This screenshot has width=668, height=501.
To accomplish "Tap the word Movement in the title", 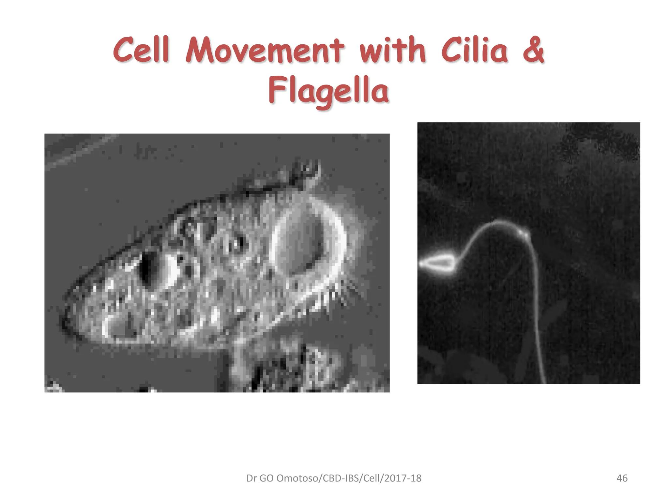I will pos(265,51).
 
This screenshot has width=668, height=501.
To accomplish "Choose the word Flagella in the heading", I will pos(328,90).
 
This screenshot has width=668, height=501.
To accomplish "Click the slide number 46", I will pos(622,478).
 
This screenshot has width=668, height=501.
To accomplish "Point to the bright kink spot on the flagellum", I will pos(524,233).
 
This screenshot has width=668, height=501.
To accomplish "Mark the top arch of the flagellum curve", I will pos(496,222).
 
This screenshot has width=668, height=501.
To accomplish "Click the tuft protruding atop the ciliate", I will pos(307,173).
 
